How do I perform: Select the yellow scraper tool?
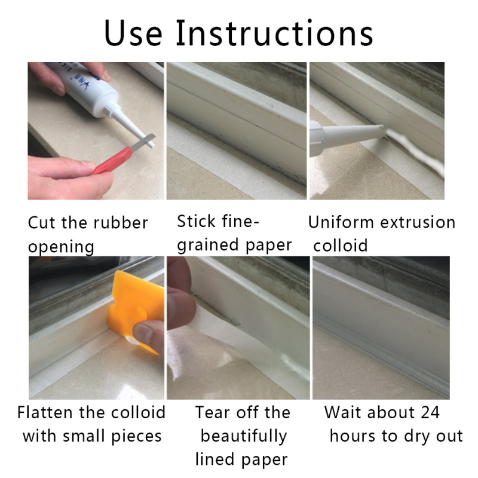[131, 311]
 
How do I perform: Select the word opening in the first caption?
[61, 246]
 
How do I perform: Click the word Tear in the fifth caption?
[214, 412]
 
